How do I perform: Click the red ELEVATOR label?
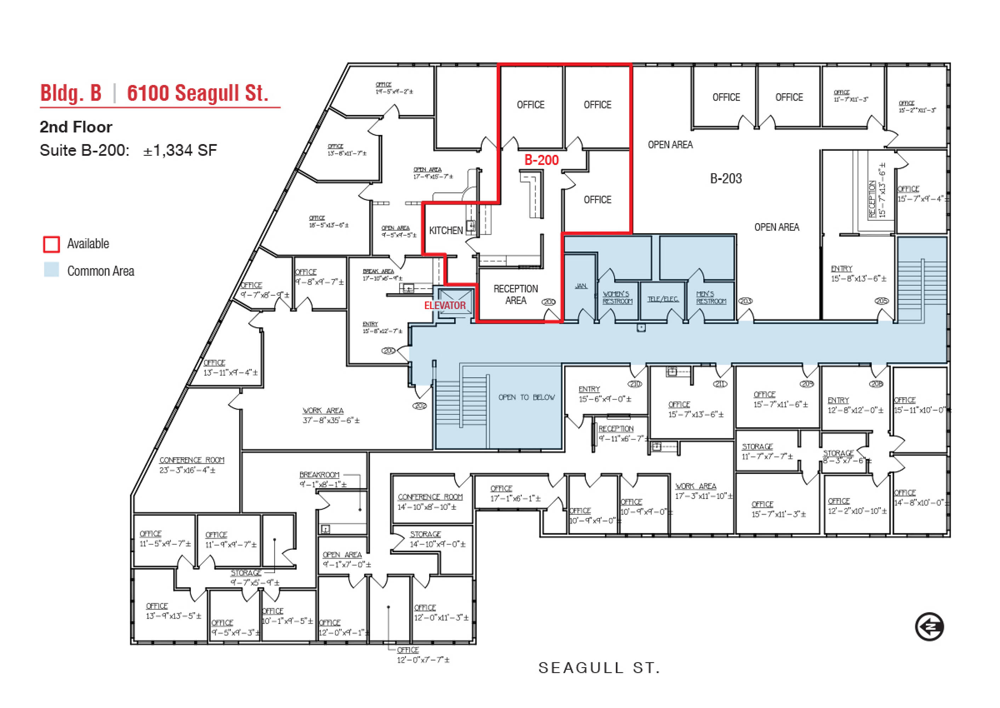point(444,306)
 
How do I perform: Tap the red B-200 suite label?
point(541,160)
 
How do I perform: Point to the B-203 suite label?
point(726,178)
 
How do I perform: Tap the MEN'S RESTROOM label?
point(711,298)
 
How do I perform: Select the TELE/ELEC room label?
point(663,299)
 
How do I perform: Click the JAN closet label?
point(581,286)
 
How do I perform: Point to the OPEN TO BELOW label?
point(527,397)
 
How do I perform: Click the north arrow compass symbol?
point(929,627)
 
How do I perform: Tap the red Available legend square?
point(51,244)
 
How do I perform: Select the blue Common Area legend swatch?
point(51,269)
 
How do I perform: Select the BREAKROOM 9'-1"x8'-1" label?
point(323,479)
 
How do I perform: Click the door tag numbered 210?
point(635,384)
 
